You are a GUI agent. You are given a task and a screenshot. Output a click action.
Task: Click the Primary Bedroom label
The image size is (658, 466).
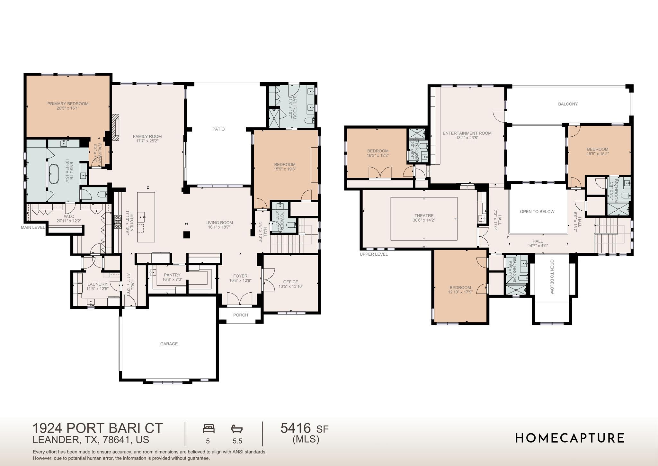(x=68, y=104)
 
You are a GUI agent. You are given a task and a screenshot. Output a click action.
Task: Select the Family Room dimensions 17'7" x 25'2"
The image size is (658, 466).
(x=147, y=141)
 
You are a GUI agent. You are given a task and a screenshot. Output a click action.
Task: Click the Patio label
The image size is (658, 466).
(x=218, y=129)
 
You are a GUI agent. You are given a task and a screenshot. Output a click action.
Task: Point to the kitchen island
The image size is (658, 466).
(x=146, y=217)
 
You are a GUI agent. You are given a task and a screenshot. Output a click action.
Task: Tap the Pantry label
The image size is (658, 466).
(x=172, y=275)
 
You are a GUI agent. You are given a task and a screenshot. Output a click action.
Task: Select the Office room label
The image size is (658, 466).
(x=290, y=282)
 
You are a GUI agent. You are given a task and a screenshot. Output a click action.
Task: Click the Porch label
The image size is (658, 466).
(x=240, y=315)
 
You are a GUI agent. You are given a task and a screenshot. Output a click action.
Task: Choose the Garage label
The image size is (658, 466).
(x=169, y=344)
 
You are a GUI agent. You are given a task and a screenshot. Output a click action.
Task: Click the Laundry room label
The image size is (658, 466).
(x=97, y=284)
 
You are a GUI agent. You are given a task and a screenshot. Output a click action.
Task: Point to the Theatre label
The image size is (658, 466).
(x=424, y=215)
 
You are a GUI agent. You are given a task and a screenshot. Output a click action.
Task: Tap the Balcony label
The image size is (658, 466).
(x=568, y=104)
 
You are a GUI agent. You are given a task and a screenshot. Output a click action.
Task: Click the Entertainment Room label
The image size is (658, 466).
(x=467, y=133)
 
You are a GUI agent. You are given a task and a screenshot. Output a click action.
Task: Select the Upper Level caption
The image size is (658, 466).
(x=374, y=254)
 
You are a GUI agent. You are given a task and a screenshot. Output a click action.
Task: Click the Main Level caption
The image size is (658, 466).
(x=33, y=227)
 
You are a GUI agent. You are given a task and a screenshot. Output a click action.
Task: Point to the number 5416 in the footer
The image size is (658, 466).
(x=296, y=428)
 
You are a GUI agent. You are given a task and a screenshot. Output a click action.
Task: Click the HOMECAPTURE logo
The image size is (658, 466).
(x=570, y=438)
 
